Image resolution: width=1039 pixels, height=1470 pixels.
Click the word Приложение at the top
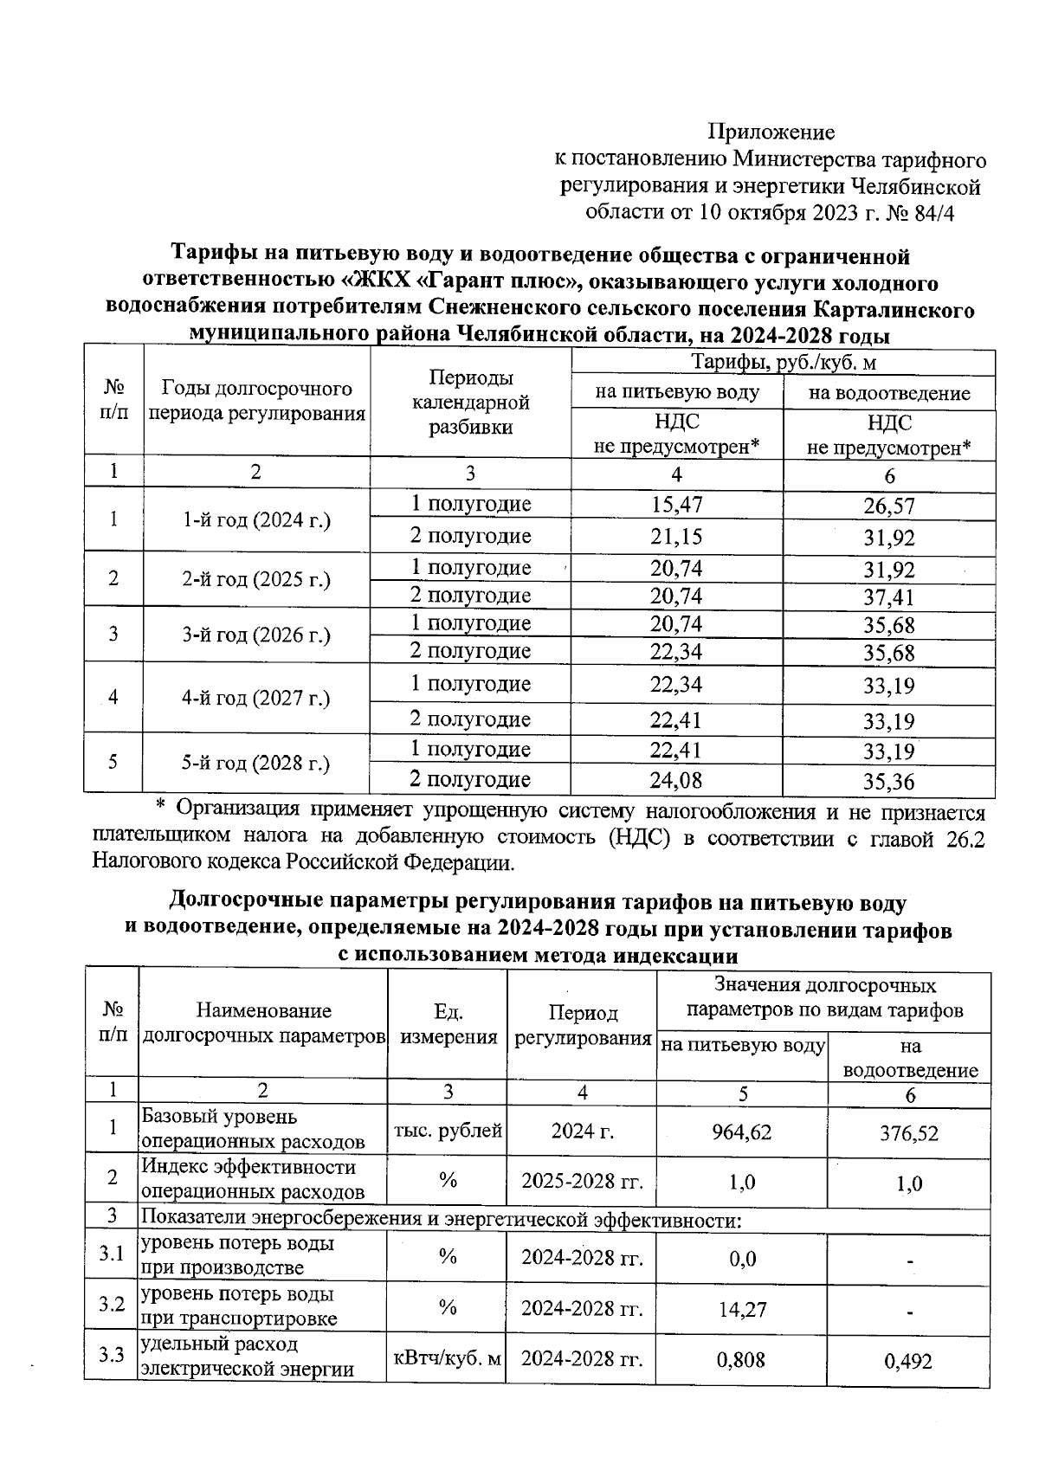point(771,132)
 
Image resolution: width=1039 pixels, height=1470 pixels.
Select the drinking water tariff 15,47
point(676,505)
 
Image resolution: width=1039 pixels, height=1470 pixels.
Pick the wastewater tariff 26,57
point(889,506)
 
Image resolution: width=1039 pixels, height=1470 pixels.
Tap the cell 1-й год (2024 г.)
point(256,520)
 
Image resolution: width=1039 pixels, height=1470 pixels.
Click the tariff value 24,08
point(676,781)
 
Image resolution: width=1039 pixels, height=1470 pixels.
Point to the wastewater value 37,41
point(889,597)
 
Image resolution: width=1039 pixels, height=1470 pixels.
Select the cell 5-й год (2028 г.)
point(256,764)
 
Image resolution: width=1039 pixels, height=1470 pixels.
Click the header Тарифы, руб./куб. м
point(784,363)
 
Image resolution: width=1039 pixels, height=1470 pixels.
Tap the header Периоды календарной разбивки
point(470,403)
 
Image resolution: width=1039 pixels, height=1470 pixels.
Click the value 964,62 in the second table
point(742,1132)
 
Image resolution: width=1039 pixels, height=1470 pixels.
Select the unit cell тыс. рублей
point(448,1131)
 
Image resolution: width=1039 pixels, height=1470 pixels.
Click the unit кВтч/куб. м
point(448,1359)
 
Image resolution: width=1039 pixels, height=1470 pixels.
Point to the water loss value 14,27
point(742,1309)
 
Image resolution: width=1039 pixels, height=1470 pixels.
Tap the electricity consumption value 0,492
point(908,1362)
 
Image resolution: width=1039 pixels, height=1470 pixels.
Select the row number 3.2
point(112,1305)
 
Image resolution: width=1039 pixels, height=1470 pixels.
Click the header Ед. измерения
point(448,1024)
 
